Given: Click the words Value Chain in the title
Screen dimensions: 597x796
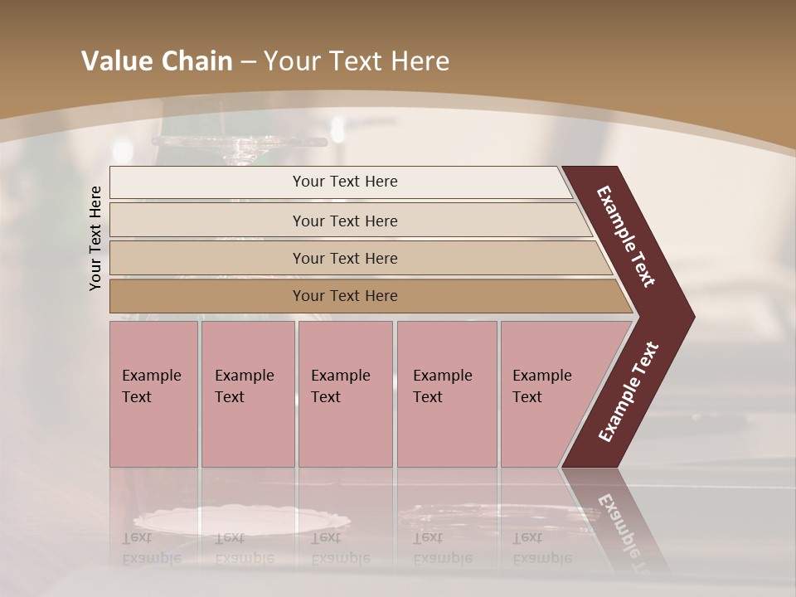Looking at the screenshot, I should (157, 61).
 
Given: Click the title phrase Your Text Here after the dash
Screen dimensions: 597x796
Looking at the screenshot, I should (357, 61).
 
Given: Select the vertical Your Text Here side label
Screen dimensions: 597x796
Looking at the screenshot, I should (95, 238).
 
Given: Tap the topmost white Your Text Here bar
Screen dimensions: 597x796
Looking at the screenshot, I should (344, 182).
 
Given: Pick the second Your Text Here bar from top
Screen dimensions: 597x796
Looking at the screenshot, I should (344, 221).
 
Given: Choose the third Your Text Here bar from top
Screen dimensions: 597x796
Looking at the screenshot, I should (344, 258).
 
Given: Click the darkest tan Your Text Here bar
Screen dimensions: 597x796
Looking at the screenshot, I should (344, 296).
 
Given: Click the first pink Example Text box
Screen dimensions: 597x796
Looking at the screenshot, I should (153, 394).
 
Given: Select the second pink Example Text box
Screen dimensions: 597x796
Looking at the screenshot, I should (248, 394).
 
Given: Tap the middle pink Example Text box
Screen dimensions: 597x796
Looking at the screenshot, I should (345, 394).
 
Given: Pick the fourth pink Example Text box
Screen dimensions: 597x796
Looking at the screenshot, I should (447, 394).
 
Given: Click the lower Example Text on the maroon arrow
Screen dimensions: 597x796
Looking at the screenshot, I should (629, 392).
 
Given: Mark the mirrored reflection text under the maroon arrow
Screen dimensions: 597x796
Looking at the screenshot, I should (619, 531).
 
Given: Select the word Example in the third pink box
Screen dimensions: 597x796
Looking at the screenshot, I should (341, 376).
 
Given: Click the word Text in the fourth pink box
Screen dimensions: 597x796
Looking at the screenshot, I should (428, 397).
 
